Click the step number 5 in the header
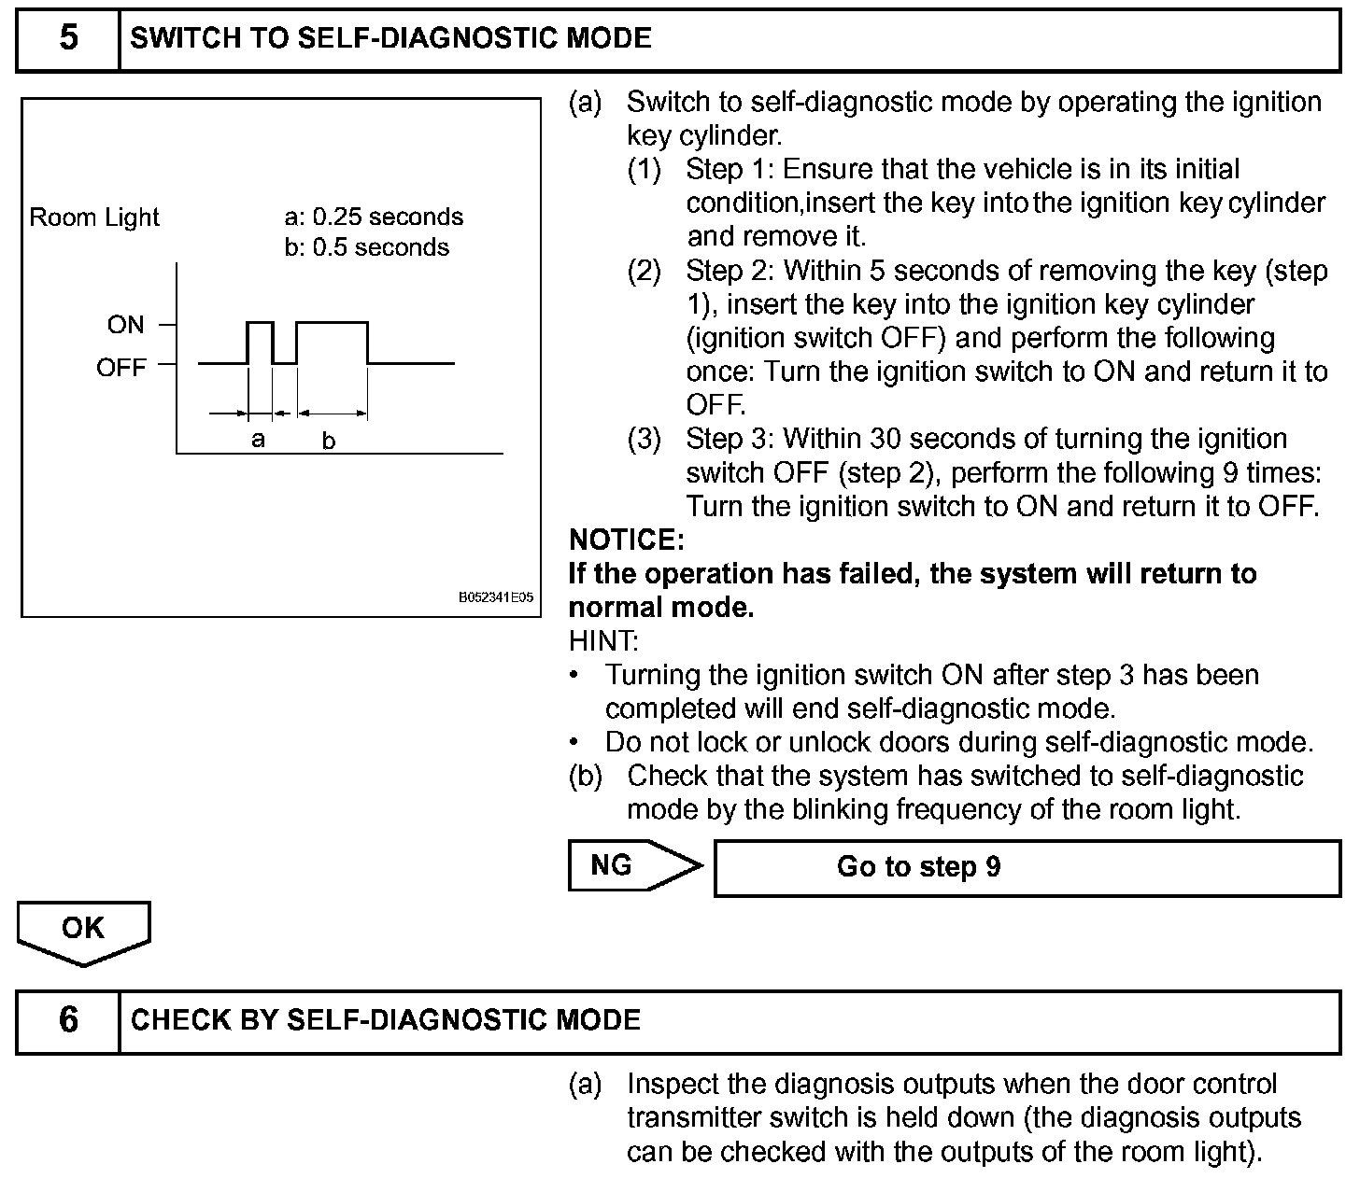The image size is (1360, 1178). [68, 38]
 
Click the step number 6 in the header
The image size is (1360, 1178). [68, 1019]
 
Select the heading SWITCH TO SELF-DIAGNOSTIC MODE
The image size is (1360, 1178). [390, 38]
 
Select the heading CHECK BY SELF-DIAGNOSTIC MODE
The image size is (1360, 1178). [386, 1019]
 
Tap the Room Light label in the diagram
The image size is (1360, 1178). [94, 217]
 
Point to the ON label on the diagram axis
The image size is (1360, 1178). [126, 325]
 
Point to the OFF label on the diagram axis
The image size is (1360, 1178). [121, 367]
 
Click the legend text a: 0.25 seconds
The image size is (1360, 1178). [374, 217]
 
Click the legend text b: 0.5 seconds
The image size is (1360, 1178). [367, 247]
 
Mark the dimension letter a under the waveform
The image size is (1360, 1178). [259, 439]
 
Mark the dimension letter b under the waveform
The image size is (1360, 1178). [329, 441]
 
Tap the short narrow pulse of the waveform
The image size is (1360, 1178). [260, 341]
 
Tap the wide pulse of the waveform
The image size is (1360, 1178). [332, 341]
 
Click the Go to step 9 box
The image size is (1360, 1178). [1027, 867]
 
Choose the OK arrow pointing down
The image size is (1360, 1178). [83, 931]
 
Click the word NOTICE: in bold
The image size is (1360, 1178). [627, 540]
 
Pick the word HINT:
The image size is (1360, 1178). [603, 641]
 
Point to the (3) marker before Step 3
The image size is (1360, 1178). [645, 439]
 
